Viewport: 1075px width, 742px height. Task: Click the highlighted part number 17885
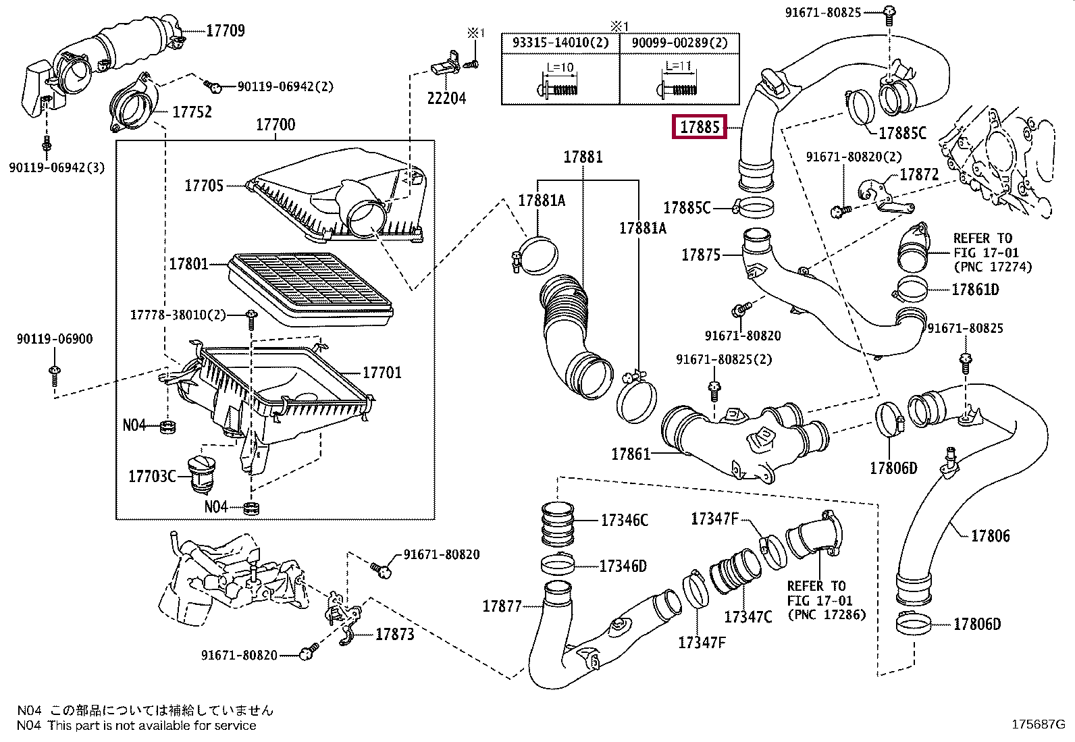(700, 127)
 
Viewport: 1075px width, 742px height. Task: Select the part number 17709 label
(226, 30)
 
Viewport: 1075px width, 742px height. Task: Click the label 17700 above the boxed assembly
(276, 124)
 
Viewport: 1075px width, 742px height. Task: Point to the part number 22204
(446, 98)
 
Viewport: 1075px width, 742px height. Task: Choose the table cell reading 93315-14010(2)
(560, 43)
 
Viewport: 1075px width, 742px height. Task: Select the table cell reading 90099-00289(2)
(679, 43)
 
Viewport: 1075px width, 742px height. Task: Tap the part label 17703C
(152, 476)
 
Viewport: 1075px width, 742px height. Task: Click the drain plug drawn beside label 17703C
(201, 475)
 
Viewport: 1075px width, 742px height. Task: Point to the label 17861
(631, 454)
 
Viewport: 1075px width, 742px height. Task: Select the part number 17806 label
(990, 535)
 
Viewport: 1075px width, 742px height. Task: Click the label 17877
(502, 606)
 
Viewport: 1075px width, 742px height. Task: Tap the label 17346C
(624, 520)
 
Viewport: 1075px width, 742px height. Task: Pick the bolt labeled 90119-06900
(55, 376)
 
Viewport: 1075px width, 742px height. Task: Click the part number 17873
(394, 634)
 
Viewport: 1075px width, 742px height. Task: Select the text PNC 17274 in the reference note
(997, 267)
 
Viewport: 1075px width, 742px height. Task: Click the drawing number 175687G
(1039, 724)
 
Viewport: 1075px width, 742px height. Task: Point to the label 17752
(192, 112)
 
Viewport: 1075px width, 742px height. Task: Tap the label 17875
(701, 255)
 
